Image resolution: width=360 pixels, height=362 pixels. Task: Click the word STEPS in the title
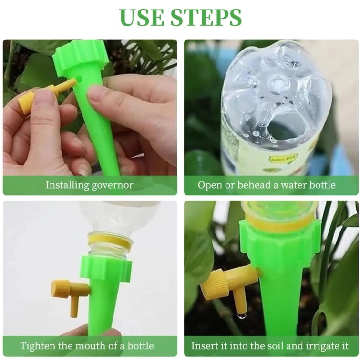pyautogui.click(x=206, y=17)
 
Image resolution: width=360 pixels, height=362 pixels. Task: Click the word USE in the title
pyautogui.click(x=141, y=17)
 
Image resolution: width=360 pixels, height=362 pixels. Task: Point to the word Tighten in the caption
pyautogui.click(x=38, y=346)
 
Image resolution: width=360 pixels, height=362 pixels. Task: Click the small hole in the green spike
pyautogui.click(x=79, y=79)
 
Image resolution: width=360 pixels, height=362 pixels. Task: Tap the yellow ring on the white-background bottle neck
pyautogui.click(x=111, y=241)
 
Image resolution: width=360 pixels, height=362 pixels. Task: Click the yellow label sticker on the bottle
pyautogui.click(x=283, y=159)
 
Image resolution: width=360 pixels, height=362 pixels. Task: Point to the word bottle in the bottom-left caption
pyautogui.click(x=141, y=346)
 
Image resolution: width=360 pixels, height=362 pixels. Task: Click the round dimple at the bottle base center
pyautogui.click(x=278, y=83)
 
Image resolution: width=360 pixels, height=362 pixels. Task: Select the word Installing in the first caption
pyautogui.click(x=67, y=185)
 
